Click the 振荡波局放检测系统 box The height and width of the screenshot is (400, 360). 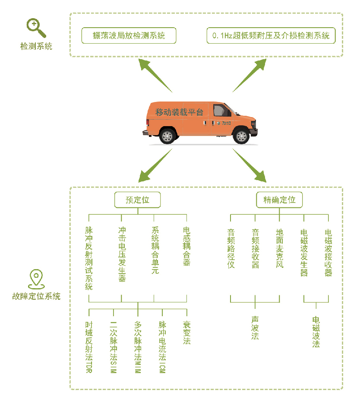129,36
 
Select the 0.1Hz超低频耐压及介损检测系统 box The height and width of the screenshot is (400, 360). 271,36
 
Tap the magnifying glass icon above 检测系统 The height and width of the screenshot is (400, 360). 36,28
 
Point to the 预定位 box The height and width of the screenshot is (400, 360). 137,200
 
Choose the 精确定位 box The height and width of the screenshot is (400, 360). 279,200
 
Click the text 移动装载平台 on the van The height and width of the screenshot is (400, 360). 173,112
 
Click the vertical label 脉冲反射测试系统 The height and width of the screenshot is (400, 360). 89,258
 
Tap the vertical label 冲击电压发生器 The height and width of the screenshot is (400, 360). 122,254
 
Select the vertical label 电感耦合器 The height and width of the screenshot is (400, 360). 186,246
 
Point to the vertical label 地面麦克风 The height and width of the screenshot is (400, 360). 279,248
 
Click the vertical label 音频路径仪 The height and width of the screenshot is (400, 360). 231,248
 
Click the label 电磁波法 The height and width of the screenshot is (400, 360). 316,332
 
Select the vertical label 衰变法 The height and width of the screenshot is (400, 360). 186,333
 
